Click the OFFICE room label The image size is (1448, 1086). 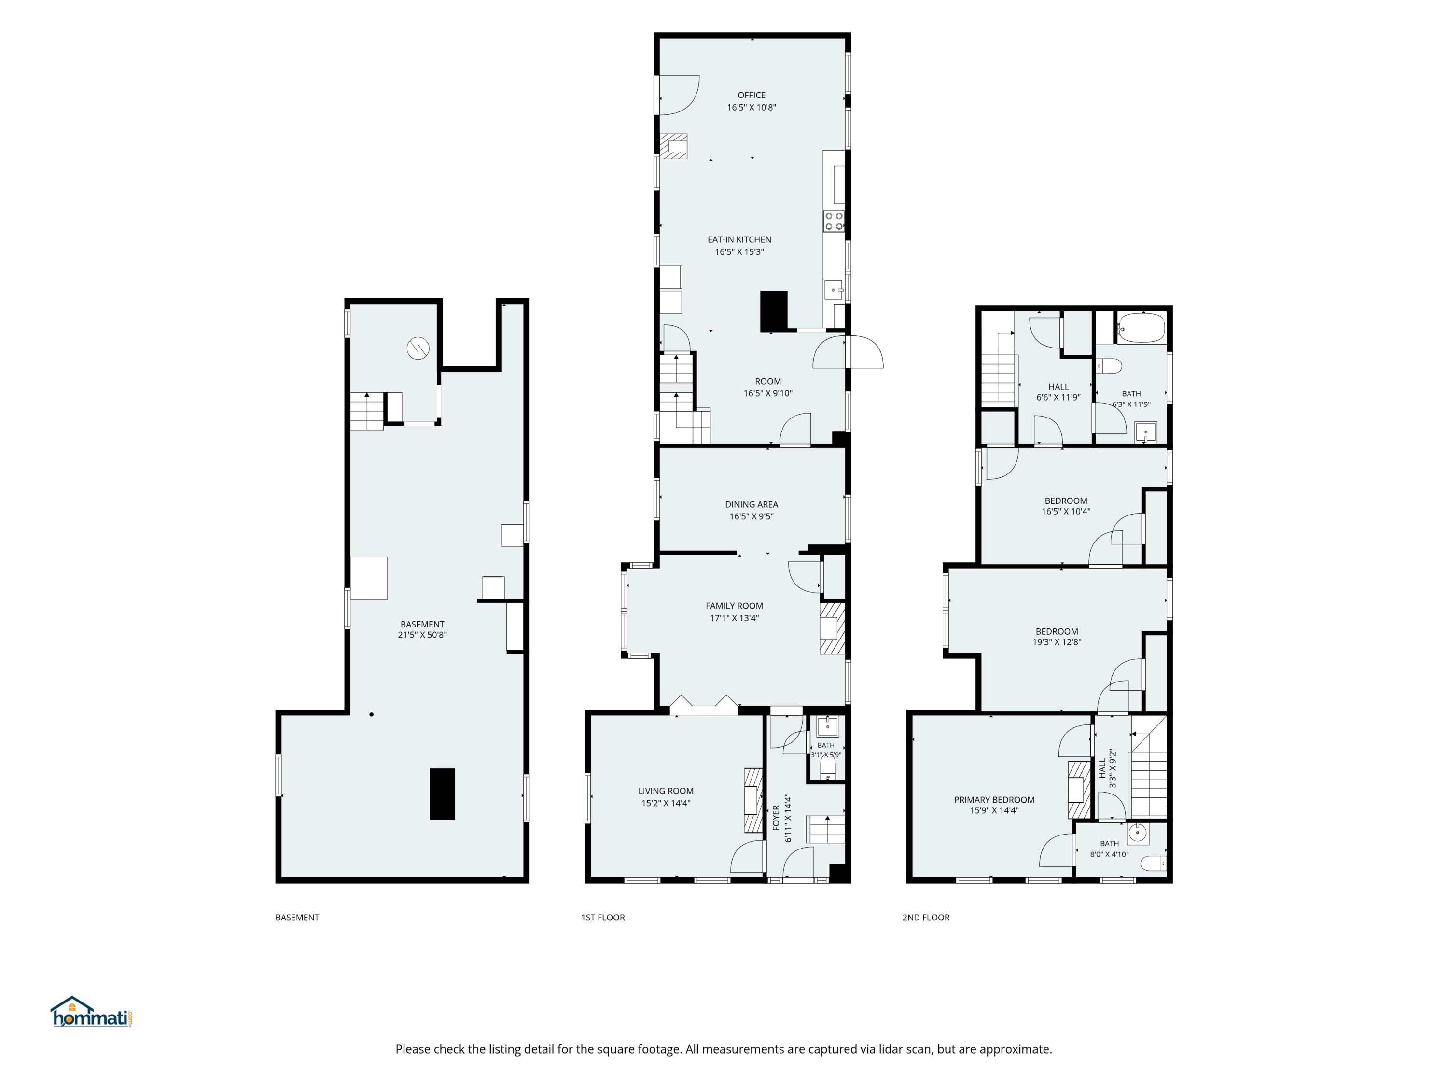pos(752,95)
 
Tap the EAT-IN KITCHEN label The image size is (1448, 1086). pos(739,239)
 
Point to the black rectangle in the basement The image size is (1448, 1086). pos(442,794)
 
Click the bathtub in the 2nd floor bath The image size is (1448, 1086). pos(1142,327)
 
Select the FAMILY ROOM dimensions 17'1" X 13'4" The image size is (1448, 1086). pos(735,618)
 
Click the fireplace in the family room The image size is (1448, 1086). pos(832,628)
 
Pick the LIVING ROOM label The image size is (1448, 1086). pos(666,791)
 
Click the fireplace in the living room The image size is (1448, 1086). pos(753,800)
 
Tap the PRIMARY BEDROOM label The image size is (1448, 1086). pos(994,800)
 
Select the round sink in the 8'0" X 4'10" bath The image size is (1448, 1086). pos(1138,833)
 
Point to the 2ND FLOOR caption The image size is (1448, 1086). pos(926,918)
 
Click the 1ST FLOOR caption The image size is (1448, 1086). pos(603,918)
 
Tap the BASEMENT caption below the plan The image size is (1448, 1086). pos(297,918)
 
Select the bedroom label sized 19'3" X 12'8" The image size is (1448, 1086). pos(1057,632)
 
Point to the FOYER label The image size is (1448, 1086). pos(776,818)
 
